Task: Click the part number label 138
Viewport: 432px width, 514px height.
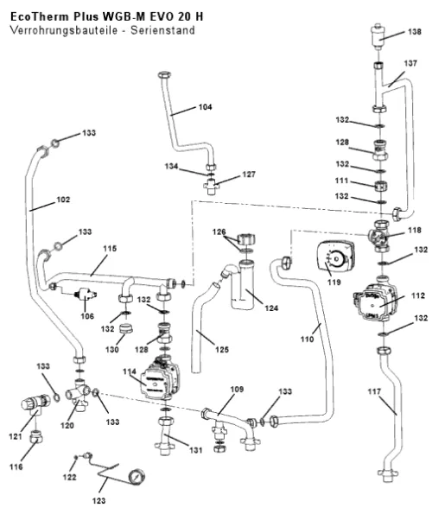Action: pyautogui.click(x=415, y=32)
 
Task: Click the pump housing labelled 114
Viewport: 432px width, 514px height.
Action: pyautogui.click(x=160, y=379)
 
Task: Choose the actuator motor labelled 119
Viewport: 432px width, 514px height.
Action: pyautogui.click(x=335, y=256)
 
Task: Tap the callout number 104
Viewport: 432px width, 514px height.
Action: pyautogui.click(x=205, y=107)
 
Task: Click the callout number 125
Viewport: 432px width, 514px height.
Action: pyautogui.click(x=222, y=350)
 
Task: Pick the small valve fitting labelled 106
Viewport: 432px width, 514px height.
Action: pyautogui.click(x=86, y=294)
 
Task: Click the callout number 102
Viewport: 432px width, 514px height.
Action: pyautogui.click(x=63, y=200)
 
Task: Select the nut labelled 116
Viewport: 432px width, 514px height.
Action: pyautogui.click(x=36, y=436)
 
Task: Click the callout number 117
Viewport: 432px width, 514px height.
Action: pyautogui.click(x=374, y=391)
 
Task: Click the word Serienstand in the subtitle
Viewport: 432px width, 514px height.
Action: pyautogui.click(x=163, y=30)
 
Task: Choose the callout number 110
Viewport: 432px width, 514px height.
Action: pyautogui.click(x=308, y=339)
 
